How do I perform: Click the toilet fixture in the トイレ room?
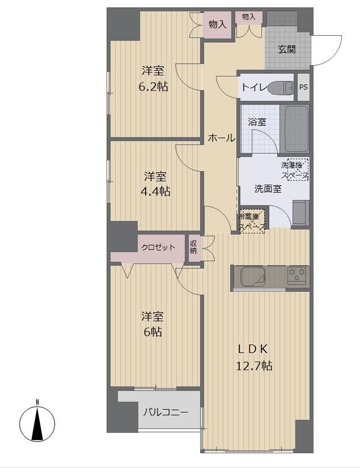pos(280,87)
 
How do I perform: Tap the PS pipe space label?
pos(303,87)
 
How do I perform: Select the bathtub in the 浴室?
pos(294,129)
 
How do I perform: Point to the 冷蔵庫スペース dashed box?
pos(252,221)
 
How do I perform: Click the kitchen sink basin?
pos(253,277)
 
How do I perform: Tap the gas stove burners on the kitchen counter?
pos(297,275)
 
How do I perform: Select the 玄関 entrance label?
pos(287,49)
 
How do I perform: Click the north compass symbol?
pos(37,422)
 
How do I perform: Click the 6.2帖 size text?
pos(153,87)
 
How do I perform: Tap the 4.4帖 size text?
pos(155,191)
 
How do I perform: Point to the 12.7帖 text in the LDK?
pos(254,365)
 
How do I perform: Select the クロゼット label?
pos(158,247)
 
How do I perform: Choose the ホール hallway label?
pos(221,138)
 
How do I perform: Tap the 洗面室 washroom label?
pos(268,189)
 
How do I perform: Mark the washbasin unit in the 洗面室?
pos(300,213)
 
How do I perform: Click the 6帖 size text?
pos(153,331)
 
